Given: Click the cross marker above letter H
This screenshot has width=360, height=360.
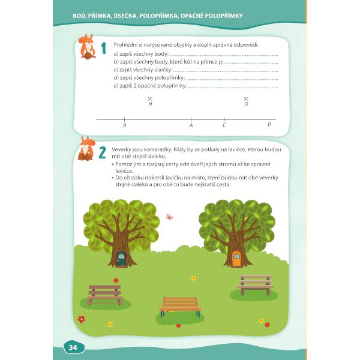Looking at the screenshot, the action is pyautogui.click(x=150, y=99).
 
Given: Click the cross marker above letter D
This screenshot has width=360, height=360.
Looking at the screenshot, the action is pyautogui.click(x=246, y=99).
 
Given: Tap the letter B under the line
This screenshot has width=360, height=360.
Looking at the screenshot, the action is pyautogui.click(x=125, y=125).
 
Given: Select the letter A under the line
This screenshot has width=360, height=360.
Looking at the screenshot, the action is pyautogui.click(x=191, y=125).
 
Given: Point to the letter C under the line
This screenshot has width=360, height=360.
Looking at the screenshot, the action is pyautogui.click(x=224, y=125).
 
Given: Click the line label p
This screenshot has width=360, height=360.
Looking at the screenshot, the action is pyautogui.click(x=269, y=124).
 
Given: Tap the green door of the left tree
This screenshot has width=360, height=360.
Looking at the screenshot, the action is pyautogui.click(x=121, y=258).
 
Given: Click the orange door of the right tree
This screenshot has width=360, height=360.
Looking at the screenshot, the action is pyautogui.click(x=236, y=258).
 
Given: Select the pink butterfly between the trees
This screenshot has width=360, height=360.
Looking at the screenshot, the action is pyautogui.click(x=169, y=217).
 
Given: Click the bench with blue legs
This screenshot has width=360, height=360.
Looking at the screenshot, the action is pyautogui.click(x=180, y=307).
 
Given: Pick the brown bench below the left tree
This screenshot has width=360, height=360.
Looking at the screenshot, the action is pyautogui.click(x=104, y=295).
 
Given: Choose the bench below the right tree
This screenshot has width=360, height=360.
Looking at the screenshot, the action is pyautogui.click(x=255, y=284).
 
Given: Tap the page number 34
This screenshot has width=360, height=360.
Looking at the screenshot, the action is pyautogui.click(x=73, y=347).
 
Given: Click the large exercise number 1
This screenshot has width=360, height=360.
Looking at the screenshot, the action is pyautogui.click(x=104, y=48).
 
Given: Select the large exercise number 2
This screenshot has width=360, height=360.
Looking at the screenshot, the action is pyautogui.click(x=102, y=152).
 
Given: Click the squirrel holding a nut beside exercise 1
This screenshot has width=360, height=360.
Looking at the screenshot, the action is pyautogui.click(x=87, y=47).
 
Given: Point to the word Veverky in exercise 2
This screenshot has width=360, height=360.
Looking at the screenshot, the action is pyautogui.click(x=121, y=149).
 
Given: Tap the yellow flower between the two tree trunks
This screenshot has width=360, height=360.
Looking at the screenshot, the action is pyautogui.click(x=194, y=278).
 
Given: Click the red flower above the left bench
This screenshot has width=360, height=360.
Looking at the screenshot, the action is pyautogui.click(x=116, y=280).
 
